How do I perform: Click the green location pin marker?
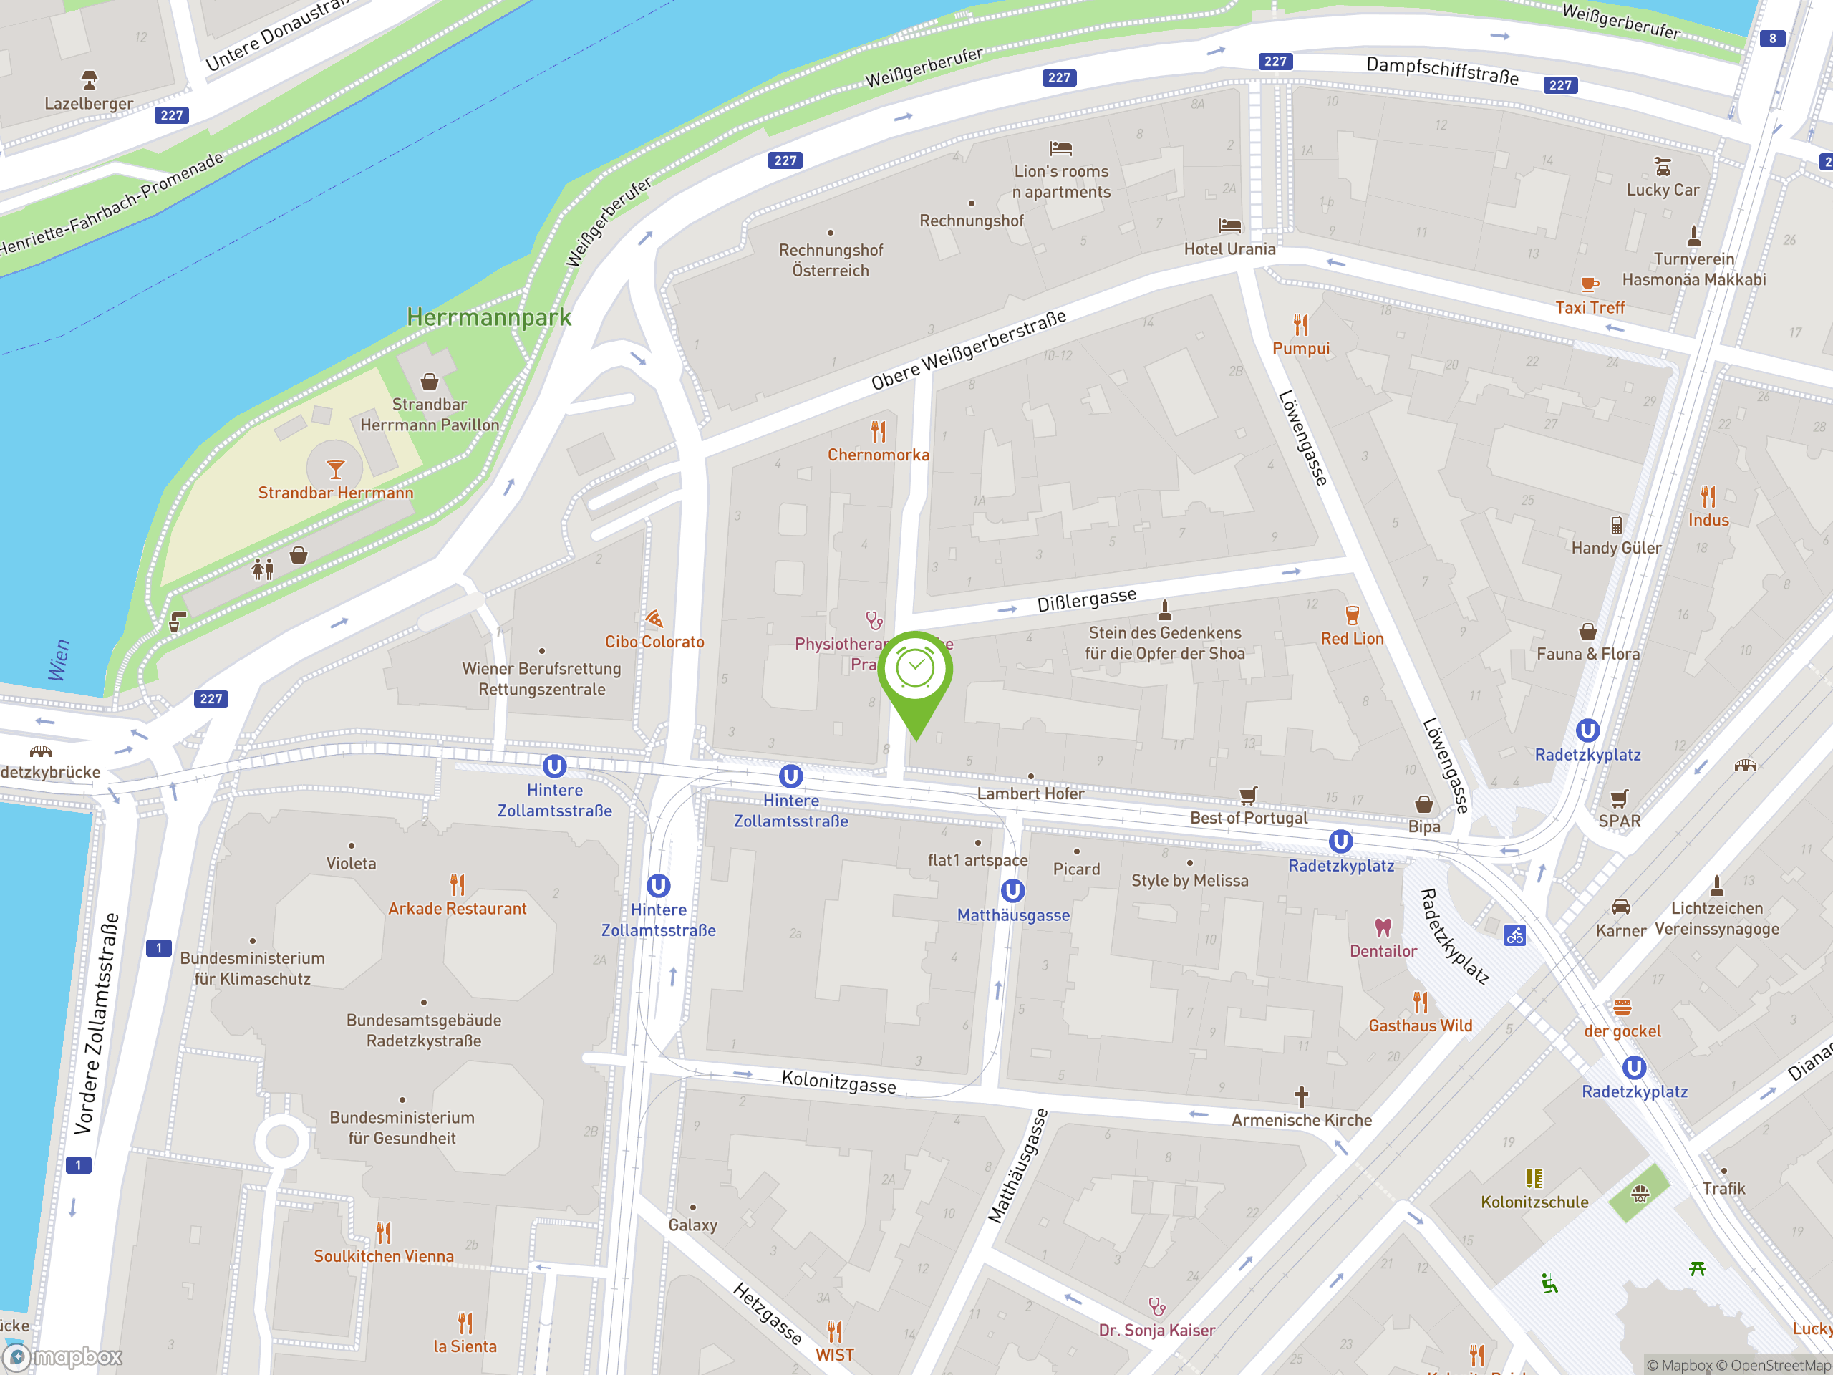coord(916,671)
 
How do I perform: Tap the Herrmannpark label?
coord(489,317)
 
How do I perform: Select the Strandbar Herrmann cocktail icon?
coord(336,470)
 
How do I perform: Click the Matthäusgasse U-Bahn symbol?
coord(1012,892)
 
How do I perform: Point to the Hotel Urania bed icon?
coord(1229,226)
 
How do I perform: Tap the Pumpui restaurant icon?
coord(1301,325)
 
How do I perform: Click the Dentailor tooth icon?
coord(1383,927)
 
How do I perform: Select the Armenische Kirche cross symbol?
coord(1302,1096)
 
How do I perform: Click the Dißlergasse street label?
coord(1086,600)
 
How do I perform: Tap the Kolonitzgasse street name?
coord(838,1081)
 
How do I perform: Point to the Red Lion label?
coord(1352,639)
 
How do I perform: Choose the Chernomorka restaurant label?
coord(879,455)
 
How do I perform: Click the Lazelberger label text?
coord(89,104)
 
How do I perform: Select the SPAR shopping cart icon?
coord(1619,799)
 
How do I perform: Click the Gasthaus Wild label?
coord(1421,1026)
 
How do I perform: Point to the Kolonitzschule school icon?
coord(1534,1179)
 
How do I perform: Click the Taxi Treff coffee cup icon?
coord(1589,285)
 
